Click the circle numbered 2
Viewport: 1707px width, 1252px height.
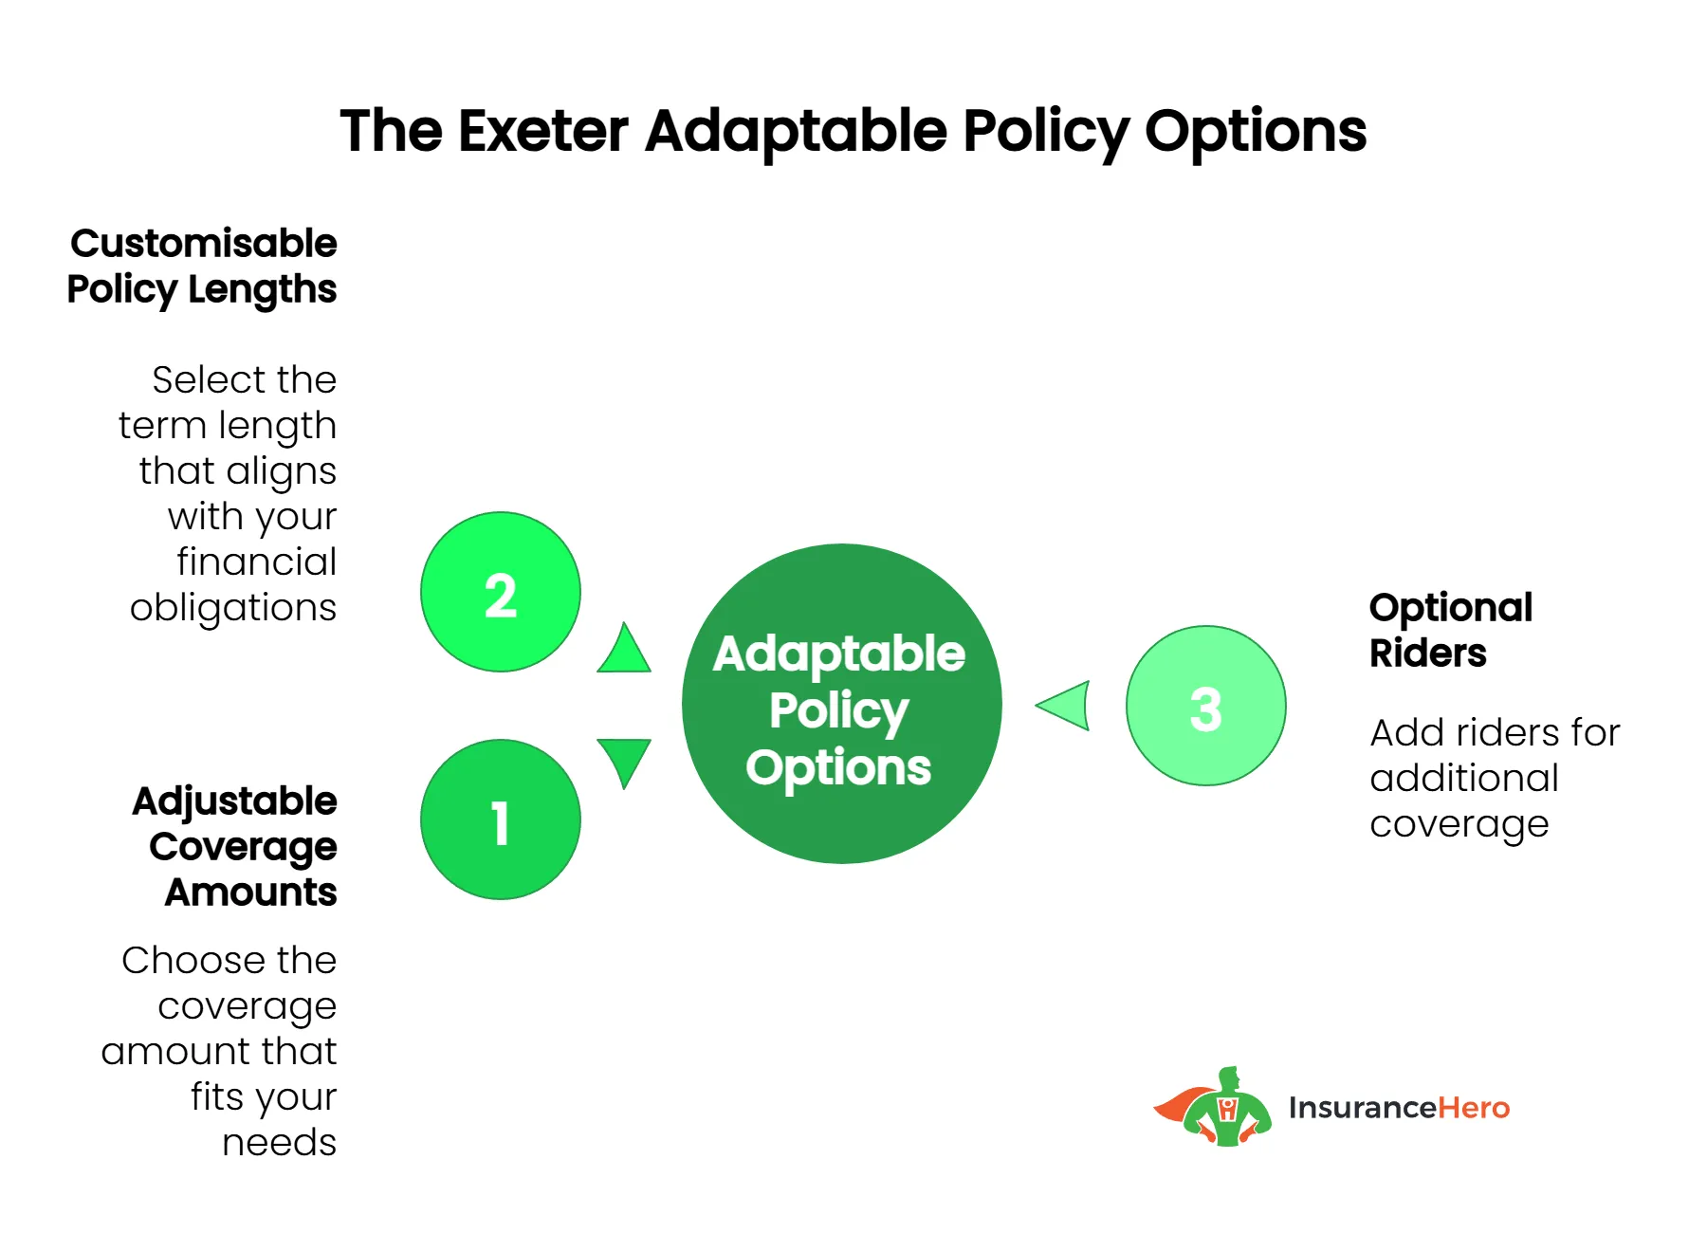[500, 592]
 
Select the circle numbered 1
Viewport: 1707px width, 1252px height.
[500, 819]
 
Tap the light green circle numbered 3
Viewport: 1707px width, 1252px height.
[1205, 706]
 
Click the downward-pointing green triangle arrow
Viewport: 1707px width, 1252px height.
[624, 759]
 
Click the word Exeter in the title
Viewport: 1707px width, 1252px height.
[542, 130]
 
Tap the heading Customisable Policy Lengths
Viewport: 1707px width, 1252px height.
[202, 266]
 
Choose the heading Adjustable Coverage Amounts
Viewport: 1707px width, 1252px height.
[235, 846]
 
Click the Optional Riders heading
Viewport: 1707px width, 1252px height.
[1449, 630]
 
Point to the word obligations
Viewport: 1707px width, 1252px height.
[233, 608]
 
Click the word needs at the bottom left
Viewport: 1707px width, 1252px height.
[279, 1143]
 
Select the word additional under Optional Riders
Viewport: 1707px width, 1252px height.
[1463, 779]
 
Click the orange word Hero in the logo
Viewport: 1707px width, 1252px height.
[1473, 1108]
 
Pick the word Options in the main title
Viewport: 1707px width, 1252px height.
[1255, 132]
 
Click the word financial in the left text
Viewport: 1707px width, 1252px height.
[256, 562]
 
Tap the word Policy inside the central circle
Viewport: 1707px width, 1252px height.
[838, 711]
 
